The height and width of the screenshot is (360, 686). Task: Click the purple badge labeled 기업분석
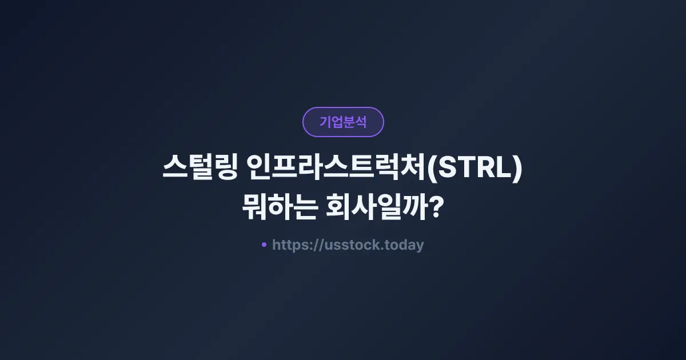click(x=343, y=122)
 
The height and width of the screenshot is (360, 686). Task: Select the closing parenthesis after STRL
click(x=517, y=171)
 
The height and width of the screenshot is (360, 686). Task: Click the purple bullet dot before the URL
click(x=264, y=245)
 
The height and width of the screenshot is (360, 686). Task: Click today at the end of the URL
click(x=405, y=246)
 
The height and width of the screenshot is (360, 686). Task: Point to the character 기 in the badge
click(x=325, y=122)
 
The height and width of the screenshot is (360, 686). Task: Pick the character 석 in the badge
click(x=361, y=122)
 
